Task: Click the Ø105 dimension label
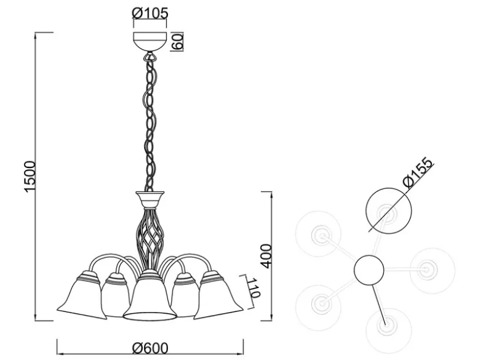[150, 14]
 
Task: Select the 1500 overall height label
[30, 177]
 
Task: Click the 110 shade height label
[254, 288]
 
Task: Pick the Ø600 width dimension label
[150, 348]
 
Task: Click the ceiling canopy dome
[150, 42]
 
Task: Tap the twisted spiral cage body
[150, 236]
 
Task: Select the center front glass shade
[150, 296]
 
